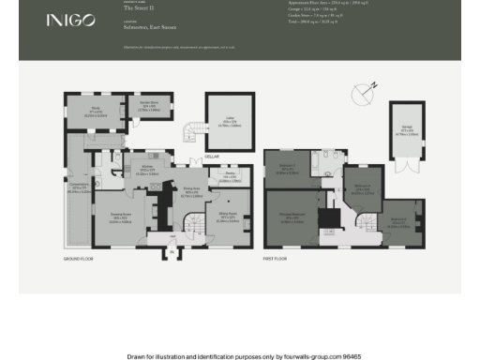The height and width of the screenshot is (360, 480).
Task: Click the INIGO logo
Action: (x=69, y=21)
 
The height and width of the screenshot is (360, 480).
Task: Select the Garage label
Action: (x=405, y=131)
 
